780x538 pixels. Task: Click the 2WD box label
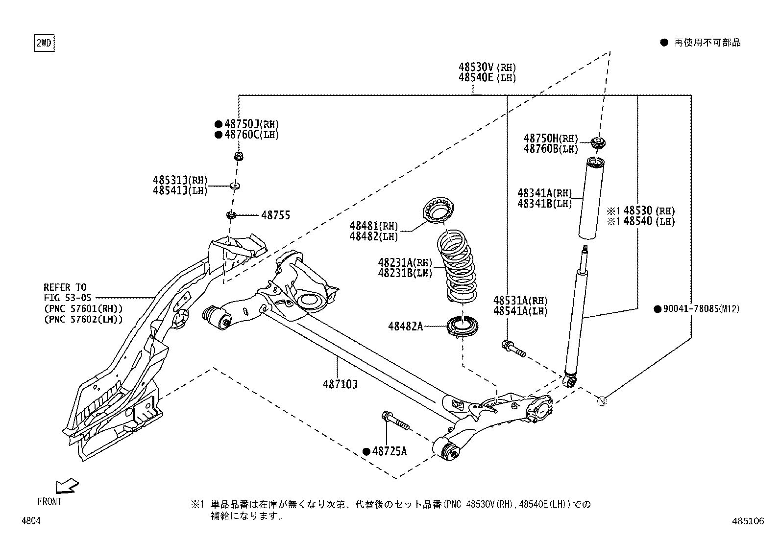point(44,44)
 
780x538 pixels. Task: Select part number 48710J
point(340,384)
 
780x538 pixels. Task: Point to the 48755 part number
point(275,215)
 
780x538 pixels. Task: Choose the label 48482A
point(405,326)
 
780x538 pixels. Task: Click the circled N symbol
point(602,401)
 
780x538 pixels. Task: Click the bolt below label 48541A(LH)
point(513,349)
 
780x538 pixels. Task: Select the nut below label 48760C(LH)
point(238,157)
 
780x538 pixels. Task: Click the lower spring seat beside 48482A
point(462,327)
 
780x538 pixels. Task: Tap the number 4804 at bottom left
point(31,521)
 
